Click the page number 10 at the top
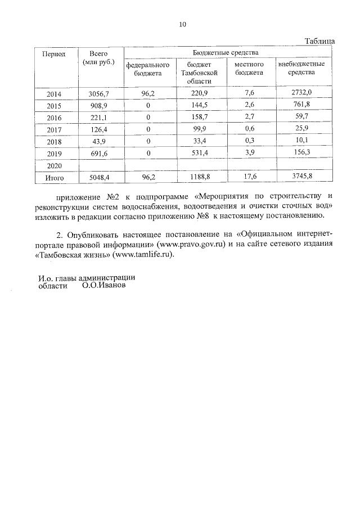pyautogui.click(x=182, y=24)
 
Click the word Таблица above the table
pyautogui.click(x=319, y=42)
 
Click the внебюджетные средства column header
pyautogui.click(x=301, y=69)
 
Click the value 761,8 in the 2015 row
pyautogui.click(x=301, y=106)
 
